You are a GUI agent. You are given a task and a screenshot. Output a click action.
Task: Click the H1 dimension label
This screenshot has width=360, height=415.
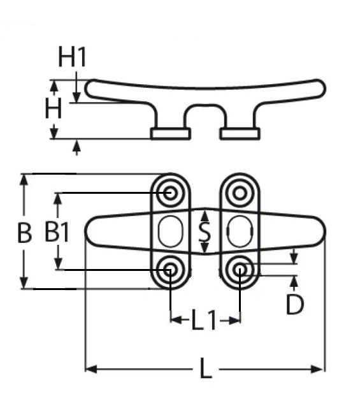click(x=72, y=56)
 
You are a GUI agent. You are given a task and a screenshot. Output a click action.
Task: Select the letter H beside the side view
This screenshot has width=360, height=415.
click(x=54, y=108)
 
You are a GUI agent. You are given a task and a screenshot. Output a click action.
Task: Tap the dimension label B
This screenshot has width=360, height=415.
click(x=24, y=233)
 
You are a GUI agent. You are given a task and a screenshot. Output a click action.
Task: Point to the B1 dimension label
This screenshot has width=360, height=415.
click(x=57, y=232)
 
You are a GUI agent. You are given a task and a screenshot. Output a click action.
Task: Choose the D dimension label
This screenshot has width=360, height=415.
click(x=295, y=304)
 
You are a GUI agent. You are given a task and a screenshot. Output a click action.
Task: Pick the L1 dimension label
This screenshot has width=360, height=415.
click(x=204, y=320)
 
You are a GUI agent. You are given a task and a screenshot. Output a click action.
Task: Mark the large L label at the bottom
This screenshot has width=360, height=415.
click(x=206, y=368)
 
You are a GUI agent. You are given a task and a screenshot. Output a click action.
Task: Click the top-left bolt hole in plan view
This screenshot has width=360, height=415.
click(x=170, y=193)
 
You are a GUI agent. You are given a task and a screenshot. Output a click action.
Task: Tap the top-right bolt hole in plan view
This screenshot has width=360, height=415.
click(x=240, y=193)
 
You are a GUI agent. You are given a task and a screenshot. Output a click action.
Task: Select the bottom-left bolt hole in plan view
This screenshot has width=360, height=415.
click(x=170, y=270)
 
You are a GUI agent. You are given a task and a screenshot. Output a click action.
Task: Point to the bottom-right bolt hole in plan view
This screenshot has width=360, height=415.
click(x=240, y=270)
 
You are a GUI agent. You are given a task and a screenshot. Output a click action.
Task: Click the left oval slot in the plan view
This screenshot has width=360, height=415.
click(x=170, y=231)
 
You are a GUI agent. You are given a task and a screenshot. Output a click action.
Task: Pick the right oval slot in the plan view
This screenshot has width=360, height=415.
click(x=240, y=231)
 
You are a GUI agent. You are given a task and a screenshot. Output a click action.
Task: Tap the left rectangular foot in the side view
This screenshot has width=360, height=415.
click(x=171, y=133)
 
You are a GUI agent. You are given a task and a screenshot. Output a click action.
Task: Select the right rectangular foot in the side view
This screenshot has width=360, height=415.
click(x=240, y=133)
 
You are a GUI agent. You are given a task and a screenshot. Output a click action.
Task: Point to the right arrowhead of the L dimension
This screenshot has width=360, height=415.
click(x=317, y=369)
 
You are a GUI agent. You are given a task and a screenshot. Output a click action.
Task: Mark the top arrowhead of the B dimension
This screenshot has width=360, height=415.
click(x=24, y=180)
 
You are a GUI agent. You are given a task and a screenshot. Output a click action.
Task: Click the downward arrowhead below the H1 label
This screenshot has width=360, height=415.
click(x=76, y=97)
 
